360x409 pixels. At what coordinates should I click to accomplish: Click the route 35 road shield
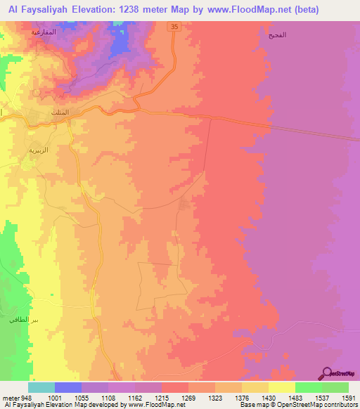174,26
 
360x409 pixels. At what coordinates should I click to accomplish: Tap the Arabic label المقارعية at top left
44,33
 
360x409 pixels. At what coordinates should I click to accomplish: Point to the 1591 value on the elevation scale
348,397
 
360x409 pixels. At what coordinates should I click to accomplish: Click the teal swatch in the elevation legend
41,387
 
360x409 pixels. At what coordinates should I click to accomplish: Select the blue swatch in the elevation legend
68,387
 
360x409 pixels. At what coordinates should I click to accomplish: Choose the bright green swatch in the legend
309,387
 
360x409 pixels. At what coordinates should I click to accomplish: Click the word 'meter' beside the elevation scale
10,397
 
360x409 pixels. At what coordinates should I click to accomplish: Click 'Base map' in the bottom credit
250,405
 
